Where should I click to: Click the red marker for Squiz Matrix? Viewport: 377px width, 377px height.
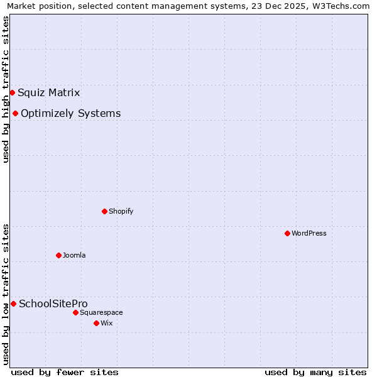coord(12,92)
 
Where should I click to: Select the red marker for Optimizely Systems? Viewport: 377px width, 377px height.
coord(15,113)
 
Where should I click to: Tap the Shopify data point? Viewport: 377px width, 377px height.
coord(104,211)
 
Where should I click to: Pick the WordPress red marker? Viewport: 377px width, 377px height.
coord(287,233)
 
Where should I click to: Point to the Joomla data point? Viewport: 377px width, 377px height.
coord(58,255)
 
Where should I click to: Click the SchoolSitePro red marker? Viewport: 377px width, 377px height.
coord(13,303)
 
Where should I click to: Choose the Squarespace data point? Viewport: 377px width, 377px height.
coord(75,312)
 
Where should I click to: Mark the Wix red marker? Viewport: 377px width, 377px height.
coord(96,323)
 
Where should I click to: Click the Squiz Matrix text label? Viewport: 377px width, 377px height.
coord(49,93)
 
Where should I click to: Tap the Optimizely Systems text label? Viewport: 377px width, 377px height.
coord(71,114)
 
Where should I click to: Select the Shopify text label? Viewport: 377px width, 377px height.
coord(121,211)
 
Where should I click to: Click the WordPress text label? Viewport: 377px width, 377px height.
coord(309,233)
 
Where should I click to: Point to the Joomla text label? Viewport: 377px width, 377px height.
coord(74,255)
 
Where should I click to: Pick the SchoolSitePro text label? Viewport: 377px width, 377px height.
coord(53,304)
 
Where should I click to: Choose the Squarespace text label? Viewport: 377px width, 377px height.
coord(101,312)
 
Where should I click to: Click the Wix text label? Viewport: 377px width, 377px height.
coord(106,323)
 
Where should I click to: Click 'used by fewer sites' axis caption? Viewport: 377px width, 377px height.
coord(65,372)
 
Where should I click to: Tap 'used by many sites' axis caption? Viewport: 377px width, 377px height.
coord(315,372)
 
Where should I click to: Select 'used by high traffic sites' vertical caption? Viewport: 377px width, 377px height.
coord(6,90)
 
